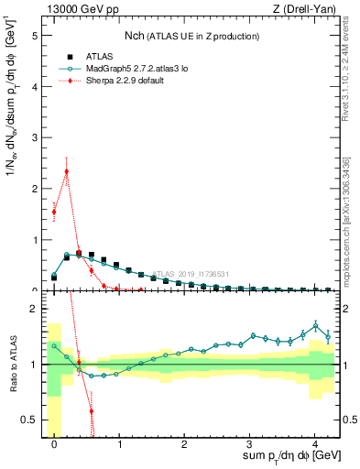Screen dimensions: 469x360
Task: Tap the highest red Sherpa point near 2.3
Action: tap(67, 170)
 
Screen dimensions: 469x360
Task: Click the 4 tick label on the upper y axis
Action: tap(36, 87)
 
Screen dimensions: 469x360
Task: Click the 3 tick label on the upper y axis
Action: tap(36, 137)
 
